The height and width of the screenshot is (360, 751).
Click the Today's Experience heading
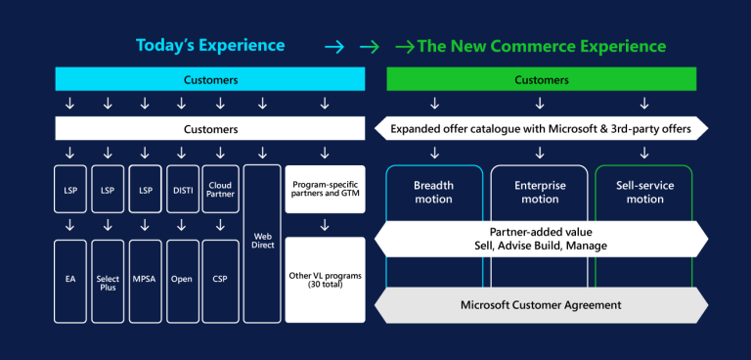(210, 46)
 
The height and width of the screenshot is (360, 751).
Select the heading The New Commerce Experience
(542, 46)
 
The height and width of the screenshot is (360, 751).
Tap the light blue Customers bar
(210, 79)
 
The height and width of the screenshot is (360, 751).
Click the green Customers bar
(541, 79)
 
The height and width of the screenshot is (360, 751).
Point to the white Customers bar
(210, 128)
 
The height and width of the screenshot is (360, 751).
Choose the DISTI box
(182, 192)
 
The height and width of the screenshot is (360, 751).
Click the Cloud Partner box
(219, 192)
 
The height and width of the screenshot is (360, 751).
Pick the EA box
(70, 280)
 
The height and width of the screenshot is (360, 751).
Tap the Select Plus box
(108, 280)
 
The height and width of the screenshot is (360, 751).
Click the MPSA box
(145, 280)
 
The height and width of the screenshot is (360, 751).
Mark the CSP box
(219, 280)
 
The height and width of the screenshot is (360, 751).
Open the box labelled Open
(182, 280)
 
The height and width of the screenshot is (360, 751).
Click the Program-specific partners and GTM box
(325, 190)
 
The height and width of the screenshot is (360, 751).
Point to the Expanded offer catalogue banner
(541, 128)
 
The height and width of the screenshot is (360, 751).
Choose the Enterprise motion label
(540, 192)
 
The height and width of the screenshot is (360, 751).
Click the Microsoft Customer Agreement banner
(541, 304)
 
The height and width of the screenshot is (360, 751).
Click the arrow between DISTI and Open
(182, 226)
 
